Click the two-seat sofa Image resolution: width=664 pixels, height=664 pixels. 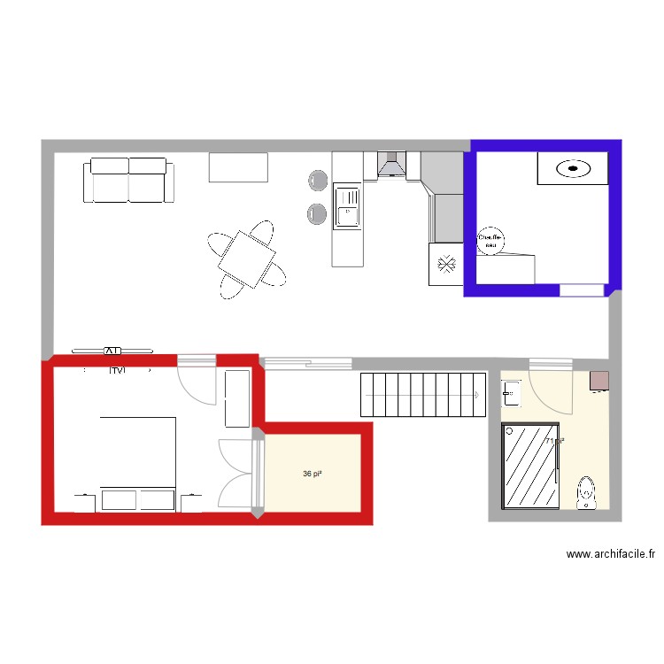pos(129,180)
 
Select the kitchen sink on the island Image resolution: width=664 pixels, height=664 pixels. pos(347,207)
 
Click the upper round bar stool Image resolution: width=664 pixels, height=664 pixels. pos(317,181)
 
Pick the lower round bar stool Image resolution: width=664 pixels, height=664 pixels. pos(317,212)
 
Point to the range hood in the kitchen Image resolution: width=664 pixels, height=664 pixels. pos(390,166)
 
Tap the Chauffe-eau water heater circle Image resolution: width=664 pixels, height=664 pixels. pos(490,241)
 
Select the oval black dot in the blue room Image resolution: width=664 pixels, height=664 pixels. pos(574,167)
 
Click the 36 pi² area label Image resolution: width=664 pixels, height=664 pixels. pos(312,475)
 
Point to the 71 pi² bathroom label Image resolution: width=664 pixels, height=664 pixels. pos(555,441)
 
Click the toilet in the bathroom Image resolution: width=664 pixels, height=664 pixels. pos(585,493)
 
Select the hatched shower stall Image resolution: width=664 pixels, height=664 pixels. pos(530,467)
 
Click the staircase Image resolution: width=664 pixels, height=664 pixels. pos(422,395)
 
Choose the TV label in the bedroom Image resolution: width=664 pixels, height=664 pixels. pos(115,371)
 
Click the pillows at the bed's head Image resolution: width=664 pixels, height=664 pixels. pos(137,499)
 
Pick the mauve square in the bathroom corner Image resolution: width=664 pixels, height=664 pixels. pos(599,381)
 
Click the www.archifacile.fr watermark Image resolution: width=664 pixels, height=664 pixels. pos(611,555)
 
